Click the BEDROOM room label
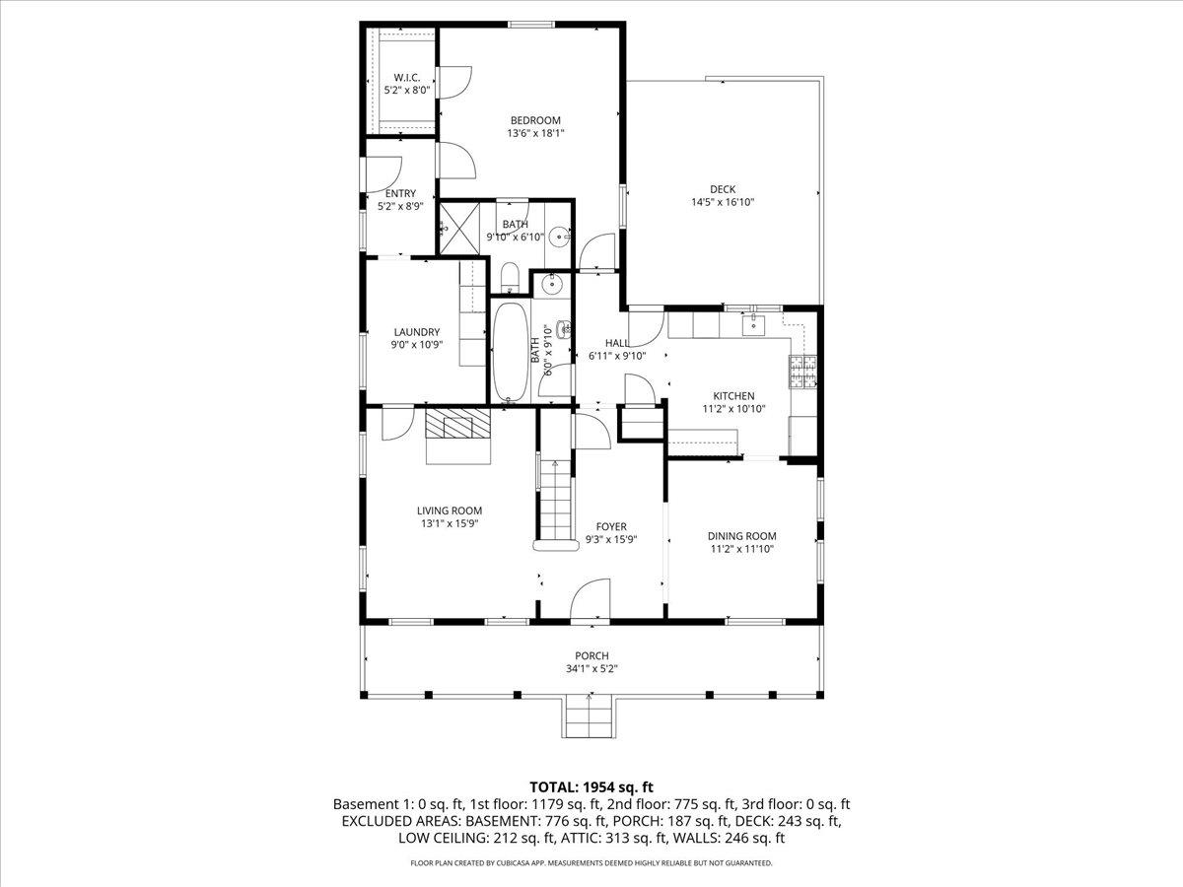click(535, 120)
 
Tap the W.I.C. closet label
click(406, 78)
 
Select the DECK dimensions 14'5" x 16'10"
click(723, 202)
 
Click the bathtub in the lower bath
click(510, 352)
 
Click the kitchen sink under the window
click(754, 324)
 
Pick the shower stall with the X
click(459, 227)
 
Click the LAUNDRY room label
click(416, 332)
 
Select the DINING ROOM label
click(742, 536)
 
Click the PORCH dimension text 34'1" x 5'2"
click(591, 668)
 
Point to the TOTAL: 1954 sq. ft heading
click(591, 786)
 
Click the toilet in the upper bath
click(510, 277)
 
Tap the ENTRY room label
click(400, 193)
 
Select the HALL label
click(617, 343)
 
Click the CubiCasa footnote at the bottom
click(591, 863)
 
